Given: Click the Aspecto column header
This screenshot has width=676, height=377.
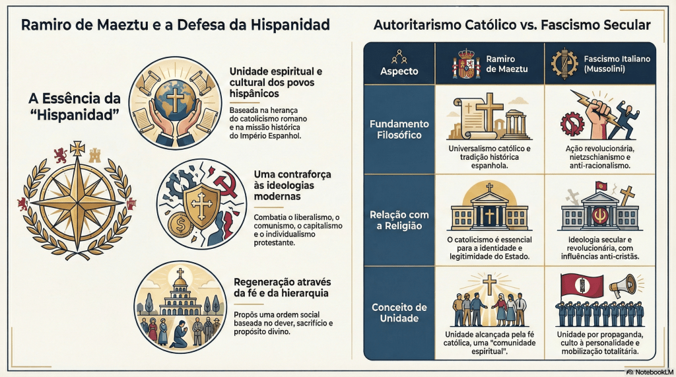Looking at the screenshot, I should (399, 71).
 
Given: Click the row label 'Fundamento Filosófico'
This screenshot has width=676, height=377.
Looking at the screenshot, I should (399, 129).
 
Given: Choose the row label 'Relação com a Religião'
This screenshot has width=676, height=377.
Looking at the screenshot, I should (399, 221).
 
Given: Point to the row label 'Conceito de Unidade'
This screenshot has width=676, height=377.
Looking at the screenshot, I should (399, 313).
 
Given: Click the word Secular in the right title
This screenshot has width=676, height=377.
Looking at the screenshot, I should (621, 26).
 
